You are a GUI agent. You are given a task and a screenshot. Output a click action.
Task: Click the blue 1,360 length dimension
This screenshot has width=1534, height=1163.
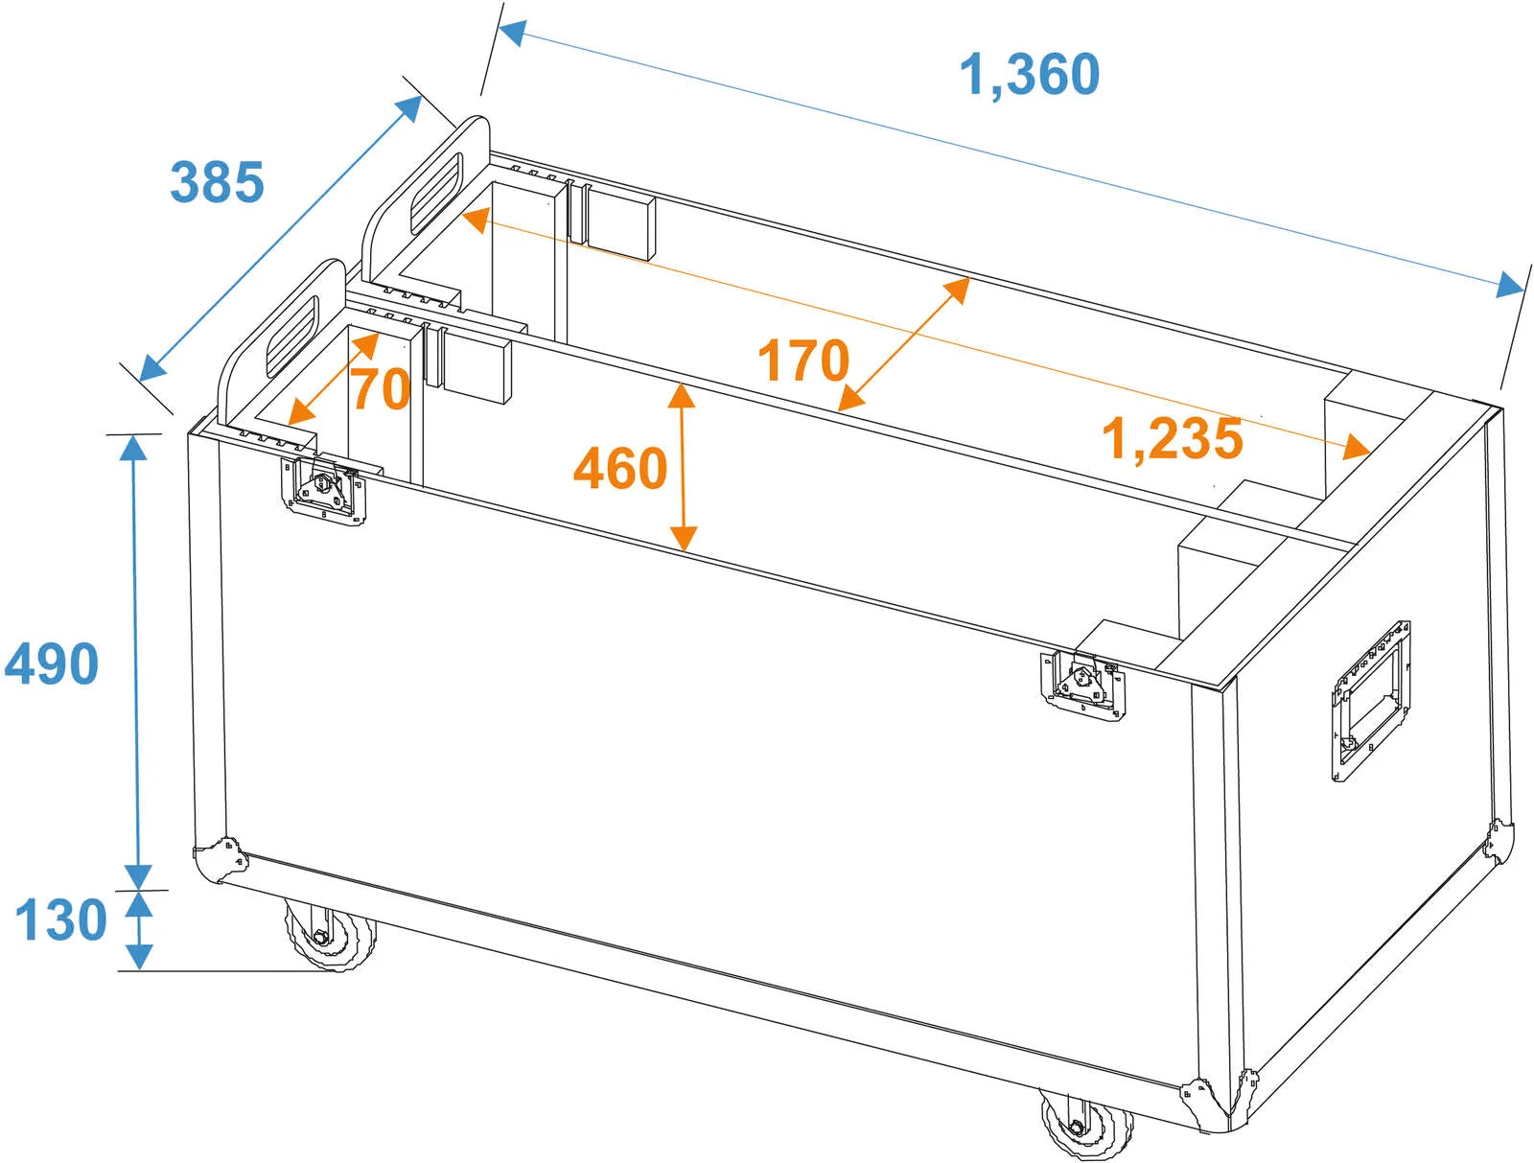click(x=1029, y=75)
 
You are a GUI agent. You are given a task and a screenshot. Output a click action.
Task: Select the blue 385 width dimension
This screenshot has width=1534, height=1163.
click(x=217, y=182)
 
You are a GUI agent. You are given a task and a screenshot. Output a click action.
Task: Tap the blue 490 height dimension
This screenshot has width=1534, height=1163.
click(x=51, y=663)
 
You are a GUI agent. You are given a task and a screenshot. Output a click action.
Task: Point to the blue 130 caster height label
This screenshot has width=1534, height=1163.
click(x=60, y=919)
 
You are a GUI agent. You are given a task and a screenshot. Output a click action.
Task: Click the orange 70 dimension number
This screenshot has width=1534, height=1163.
click(x=381, y=388)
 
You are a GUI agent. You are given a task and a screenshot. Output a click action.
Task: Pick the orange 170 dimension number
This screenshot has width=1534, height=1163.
click(x=803, y=361)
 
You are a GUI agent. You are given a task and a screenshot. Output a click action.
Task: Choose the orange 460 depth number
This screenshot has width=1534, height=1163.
click(x=620, y=468)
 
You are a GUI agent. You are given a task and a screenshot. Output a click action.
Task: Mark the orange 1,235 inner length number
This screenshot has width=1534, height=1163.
click(x=1172, y=439)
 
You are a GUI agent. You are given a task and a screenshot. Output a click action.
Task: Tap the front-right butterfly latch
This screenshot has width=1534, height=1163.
click(x=1083, y=686)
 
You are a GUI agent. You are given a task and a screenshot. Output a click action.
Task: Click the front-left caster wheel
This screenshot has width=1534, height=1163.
click(x=331, y=934)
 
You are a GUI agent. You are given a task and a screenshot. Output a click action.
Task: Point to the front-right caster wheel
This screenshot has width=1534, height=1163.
click(x=1086, y=1126)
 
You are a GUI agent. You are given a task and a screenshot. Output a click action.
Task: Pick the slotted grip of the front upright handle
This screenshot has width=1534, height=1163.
click(x=292, y=337)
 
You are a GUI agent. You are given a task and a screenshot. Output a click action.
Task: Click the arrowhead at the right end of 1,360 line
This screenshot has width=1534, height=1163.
click(x=1508, y=284)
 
